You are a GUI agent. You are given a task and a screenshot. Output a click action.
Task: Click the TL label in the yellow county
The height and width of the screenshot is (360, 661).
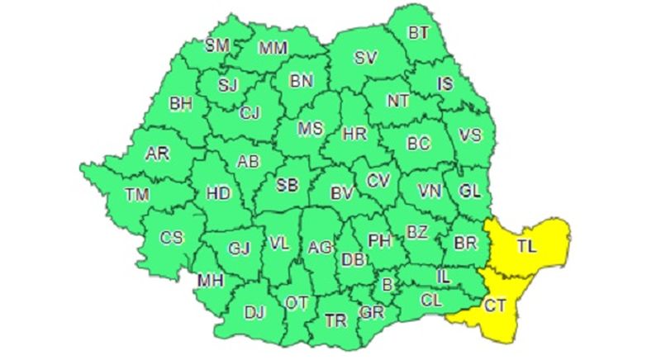(x=525, y=246)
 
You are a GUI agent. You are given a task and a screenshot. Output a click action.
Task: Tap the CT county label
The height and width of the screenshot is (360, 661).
(x=495, y=306)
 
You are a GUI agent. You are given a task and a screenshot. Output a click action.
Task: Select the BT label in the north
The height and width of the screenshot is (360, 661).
(x=420, y=34)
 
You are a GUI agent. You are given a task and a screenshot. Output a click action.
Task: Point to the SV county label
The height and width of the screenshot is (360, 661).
(x=364, y=58)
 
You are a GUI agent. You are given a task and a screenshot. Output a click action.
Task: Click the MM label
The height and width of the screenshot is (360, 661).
(x=273, y=48)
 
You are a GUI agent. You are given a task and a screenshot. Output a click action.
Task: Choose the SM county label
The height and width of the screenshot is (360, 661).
(x=216, y=45)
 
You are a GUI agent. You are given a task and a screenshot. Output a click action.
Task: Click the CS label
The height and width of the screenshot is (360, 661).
(x=171, y=238)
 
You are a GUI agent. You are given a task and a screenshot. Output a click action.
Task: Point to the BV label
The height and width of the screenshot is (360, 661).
(x=340, y=193)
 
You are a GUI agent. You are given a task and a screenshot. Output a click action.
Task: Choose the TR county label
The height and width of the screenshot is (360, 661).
(x=335, y=320)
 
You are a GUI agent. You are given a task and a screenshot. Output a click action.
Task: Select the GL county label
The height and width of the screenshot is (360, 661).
(x=469, y=192)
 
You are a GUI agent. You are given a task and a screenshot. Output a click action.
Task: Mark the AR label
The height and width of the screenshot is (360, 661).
(x=157, y=154)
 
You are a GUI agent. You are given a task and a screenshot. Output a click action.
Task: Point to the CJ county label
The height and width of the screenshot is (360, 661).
(x=250, y=114)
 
